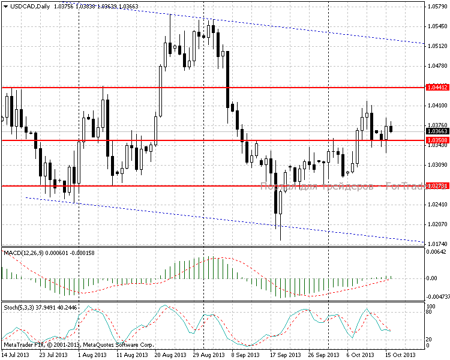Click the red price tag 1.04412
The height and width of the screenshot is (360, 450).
click(436, 88)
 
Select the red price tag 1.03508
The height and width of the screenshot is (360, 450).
click(436, 140)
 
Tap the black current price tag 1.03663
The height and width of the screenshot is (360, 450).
click(436, 131)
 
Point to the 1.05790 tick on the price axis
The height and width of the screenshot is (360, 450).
click(436, 7)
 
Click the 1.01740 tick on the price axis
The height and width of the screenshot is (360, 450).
click(436, 244)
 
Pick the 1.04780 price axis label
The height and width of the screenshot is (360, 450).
click(436, 65)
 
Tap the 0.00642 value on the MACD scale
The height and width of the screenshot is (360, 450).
click(436, 253)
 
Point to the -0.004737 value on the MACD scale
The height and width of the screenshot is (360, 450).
click(437, 296)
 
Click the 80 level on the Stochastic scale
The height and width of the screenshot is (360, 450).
click(430, 313)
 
